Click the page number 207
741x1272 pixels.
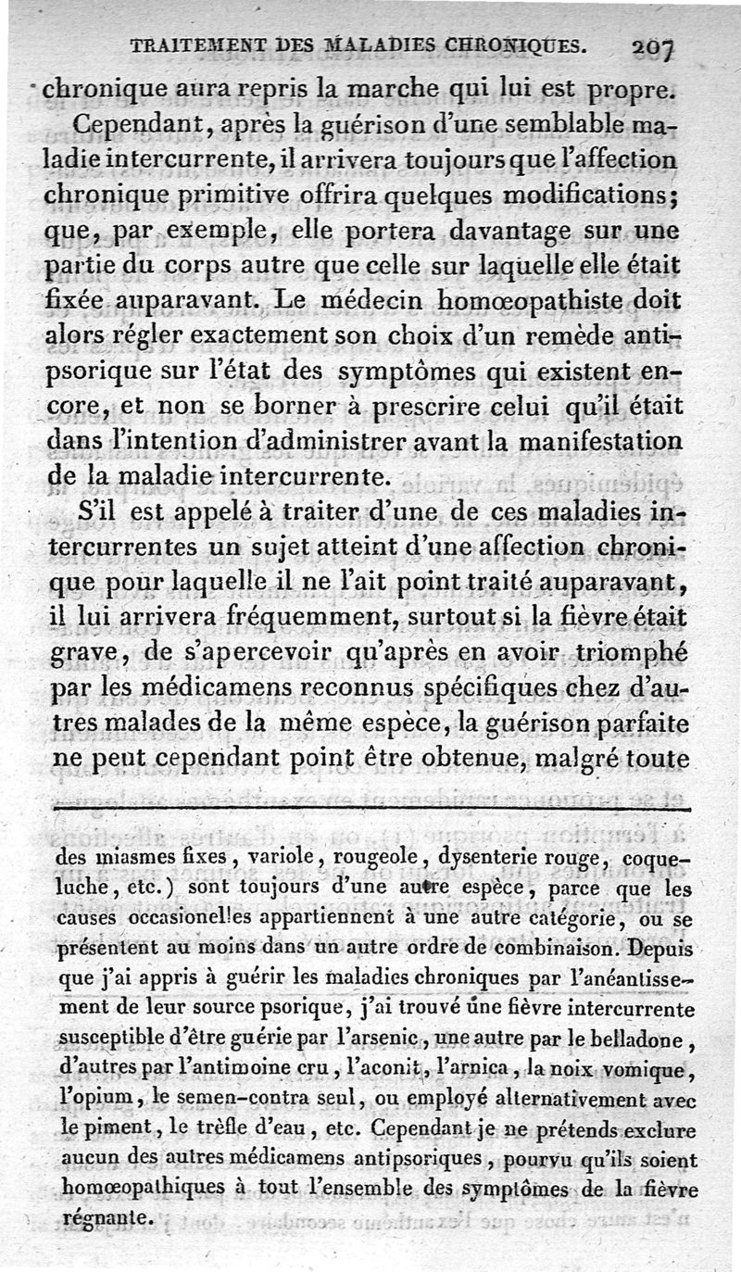654,47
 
